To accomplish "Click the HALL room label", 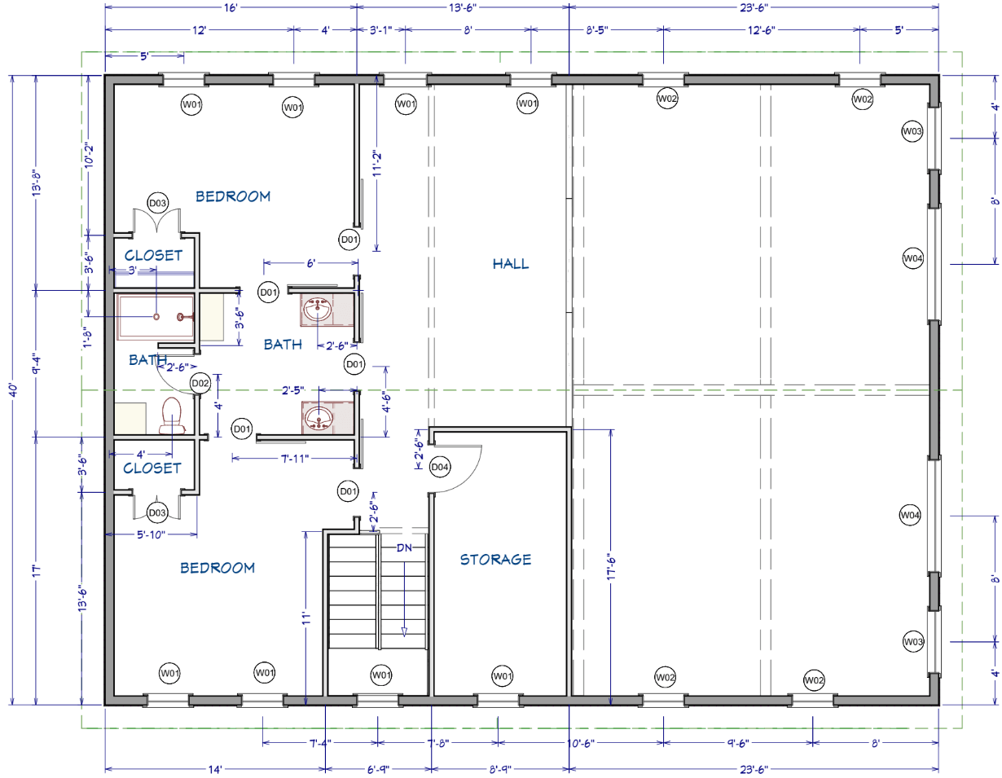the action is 510,264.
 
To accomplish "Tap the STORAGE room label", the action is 495,559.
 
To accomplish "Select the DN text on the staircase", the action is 404,547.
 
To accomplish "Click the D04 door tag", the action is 439,467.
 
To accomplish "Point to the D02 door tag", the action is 200,383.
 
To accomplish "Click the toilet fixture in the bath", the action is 172,415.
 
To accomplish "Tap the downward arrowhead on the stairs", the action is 404,632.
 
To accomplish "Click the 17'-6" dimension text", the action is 611,567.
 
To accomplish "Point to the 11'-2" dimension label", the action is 376,163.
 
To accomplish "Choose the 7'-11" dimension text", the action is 294,458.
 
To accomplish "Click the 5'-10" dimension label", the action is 151,534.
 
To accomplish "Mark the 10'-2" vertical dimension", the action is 89,156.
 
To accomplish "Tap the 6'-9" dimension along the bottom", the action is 378,769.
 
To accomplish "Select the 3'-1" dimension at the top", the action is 381,30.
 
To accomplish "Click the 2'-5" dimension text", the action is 292,390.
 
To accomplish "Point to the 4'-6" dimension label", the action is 386,401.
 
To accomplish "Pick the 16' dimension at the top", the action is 231,7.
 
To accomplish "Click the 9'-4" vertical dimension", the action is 37,363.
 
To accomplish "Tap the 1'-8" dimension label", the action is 88,337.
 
